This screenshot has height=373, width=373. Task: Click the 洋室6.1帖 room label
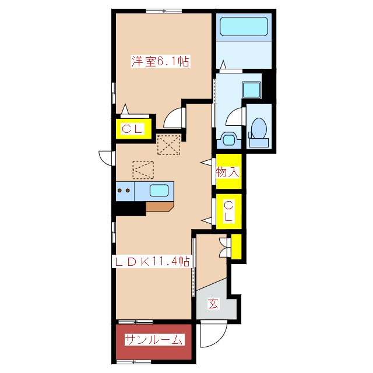coord(161,62)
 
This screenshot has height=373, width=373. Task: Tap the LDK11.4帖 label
coord(152,262)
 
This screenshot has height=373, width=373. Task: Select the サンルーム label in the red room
coord(154,340)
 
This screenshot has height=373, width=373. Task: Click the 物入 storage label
coord(228,172)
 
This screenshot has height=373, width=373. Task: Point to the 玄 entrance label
coord(213,303)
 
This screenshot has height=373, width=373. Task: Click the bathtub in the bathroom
coord(244,26)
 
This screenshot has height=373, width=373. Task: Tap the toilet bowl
coord(259,128)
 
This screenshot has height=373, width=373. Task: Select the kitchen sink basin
coord(159,191)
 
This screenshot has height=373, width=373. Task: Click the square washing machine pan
coord(251,90)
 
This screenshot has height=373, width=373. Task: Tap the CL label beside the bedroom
coord(132,129)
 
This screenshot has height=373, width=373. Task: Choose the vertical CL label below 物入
coord(228,211)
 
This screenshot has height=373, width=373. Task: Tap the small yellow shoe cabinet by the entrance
coord(236,247)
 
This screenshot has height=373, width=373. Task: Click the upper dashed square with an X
coord(168,145)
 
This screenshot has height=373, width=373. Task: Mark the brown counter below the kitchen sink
coord(159,206)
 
